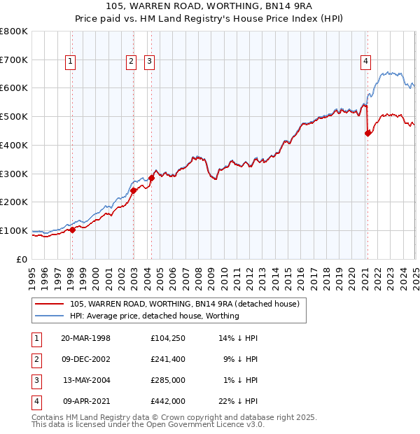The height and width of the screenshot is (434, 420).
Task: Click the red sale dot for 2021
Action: pyautogui.click(x=368, y=133)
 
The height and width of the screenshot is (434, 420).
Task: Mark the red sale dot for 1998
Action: pyautogui.click(x=72, y=229)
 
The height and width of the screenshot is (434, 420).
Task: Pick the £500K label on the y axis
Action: pyautogui.click(x=13, y=116)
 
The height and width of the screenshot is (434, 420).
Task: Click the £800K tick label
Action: pyautogui.click(x=13, y=31)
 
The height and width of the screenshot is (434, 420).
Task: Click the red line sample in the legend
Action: pyautogui.click(x=49, y=304)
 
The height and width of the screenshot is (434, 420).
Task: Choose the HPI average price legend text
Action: pyautogui.click(x=154, y=316)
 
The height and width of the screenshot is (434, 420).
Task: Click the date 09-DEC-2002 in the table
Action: pyautogui.click(x=86, y=359)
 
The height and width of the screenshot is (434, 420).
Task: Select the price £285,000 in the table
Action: pyautogui.click(x=168, y=380)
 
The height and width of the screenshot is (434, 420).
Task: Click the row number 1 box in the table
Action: pyautogui.click(x=36, y=338)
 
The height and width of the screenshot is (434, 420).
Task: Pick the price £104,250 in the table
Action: pyautogui.click(x=168, y=338)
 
